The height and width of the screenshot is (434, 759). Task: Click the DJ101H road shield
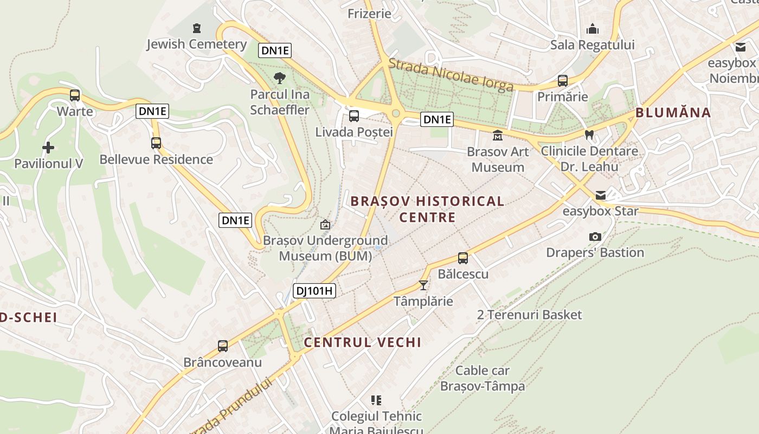(x=314, y=291)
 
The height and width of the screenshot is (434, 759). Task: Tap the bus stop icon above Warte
(x=75, y=95)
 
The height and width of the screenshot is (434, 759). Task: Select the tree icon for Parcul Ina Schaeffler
(x=280, y=78)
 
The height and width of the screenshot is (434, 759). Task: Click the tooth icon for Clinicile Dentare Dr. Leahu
(x=589, y=134)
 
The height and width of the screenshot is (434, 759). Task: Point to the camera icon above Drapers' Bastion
(x=595, y=237)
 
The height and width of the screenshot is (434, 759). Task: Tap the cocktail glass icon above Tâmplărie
(x=423, y=285)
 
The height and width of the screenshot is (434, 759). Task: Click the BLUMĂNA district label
(x=673, y=113)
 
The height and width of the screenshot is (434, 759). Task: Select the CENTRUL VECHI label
(x=362, y=342)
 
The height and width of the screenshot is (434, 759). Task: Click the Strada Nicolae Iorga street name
(x=451, y=76)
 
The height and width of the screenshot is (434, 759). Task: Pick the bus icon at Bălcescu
(x=463, y=258)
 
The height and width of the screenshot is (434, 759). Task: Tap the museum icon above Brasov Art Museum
(x=498, y=135)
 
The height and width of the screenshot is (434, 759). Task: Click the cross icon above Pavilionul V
(x=48, y=147)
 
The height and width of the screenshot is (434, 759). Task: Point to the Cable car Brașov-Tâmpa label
(x=483, y=379)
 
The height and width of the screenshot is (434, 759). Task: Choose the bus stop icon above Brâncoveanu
(x=223, y=346)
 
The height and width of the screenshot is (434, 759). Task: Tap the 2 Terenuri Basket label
(x=529, y=315)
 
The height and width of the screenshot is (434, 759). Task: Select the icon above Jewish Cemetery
(x=197, y=28)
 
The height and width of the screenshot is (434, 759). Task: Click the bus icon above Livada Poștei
(x=354, y=116)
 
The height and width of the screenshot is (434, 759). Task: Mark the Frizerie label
(x=369, y=14)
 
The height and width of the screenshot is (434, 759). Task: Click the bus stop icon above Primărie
(x=563, y=81)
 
